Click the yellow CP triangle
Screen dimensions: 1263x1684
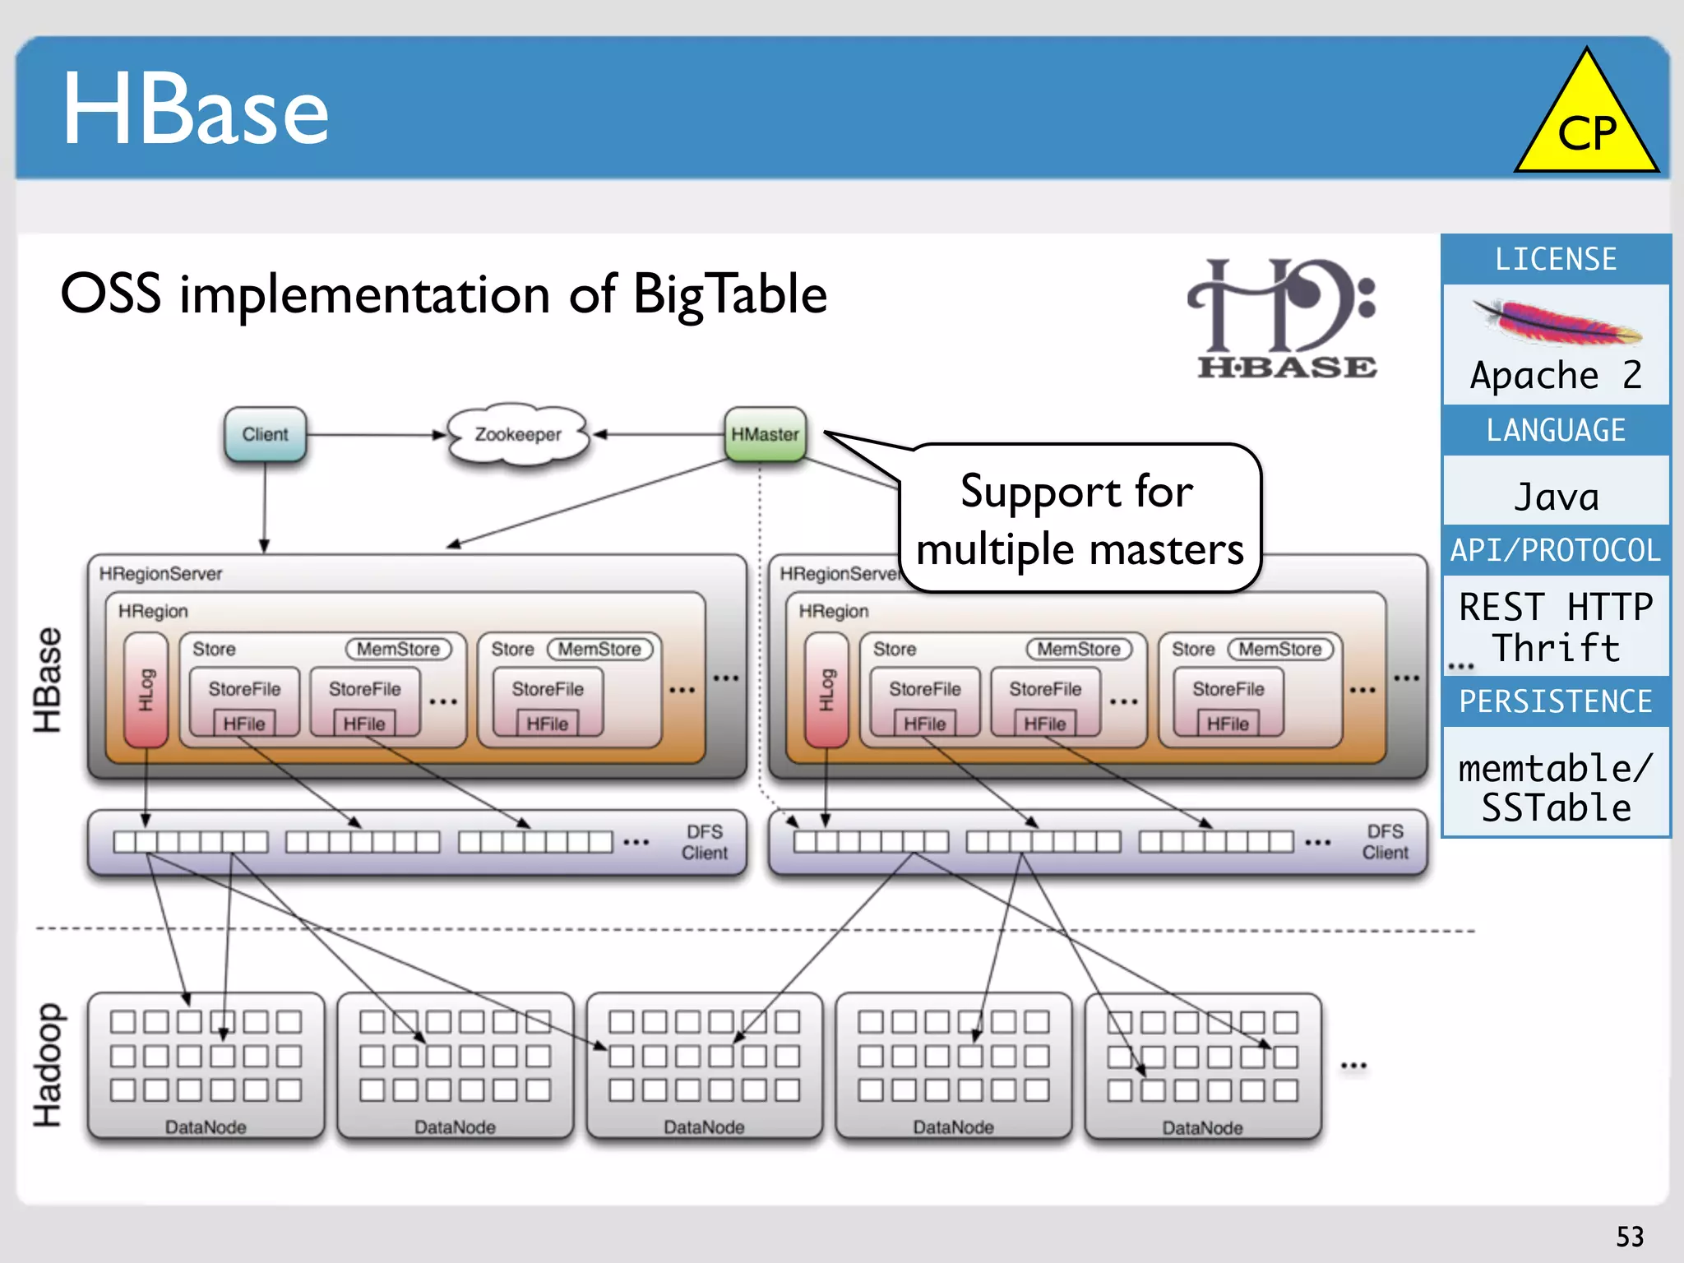tap(1586, 123)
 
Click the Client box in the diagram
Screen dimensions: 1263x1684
tap(265, 434)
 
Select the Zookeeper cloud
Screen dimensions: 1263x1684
tap(518, 434)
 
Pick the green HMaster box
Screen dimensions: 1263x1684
tap(765, 434)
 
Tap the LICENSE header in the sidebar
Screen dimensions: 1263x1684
tap(1556, 259)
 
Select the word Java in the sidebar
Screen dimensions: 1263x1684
tap(1556, 497)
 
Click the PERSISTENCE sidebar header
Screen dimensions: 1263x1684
tap(1556, 701)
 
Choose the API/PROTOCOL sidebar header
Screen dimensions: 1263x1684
tap(1556, 550)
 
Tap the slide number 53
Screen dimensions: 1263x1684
tap(1630, 1236)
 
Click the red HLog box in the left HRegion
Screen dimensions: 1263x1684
tap(146, 690)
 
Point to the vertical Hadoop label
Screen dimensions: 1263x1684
tap(48, 1065)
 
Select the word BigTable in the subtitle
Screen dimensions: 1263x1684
tap(729, 294)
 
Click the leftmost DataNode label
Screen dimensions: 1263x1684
tap(206, 1127)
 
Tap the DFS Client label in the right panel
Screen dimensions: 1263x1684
tap(1385, 842)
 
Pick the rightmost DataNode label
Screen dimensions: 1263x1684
tap(1202, 1128)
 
